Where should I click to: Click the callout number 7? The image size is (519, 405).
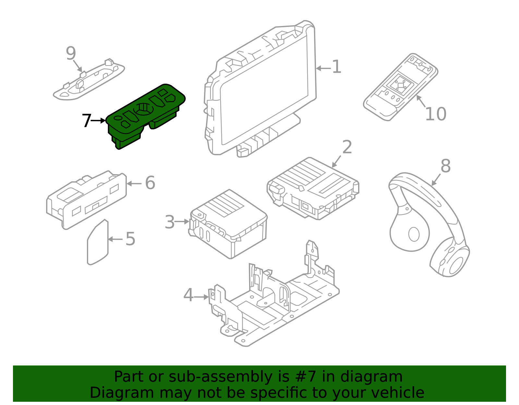(x=86, y=121)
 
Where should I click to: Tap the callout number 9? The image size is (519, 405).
(x=71, y=54)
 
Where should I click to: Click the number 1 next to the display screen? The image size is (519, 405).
(x=337, y=67)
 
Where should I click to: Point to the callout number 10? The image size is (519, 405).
(x=435, y=114)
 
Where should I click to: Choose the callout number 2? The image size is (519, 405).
(x=347, y=148)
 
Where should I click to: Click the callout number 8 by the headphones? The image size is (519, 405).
(x=445, y=166)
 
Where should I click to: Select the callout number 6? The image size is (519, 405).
(x=150, y=183)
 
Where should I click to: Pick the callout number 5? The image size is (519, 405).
(x=130, y=239)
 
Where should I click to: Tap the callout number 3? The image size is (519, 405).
(x=170, y=222)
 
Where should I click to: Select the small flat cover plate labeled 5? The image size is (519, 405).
(x=97, y=243)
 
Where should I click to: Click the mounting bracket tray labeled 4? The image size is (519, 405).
(x=276, y=308)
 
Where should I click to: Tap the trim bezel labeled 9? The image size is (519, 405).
(x=89, y=81)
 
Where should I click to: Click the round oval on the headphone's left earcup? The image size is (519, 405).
(x=414, y=234)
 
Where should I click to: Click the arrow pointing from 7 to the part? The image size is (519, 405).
(x=98, y=121)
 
